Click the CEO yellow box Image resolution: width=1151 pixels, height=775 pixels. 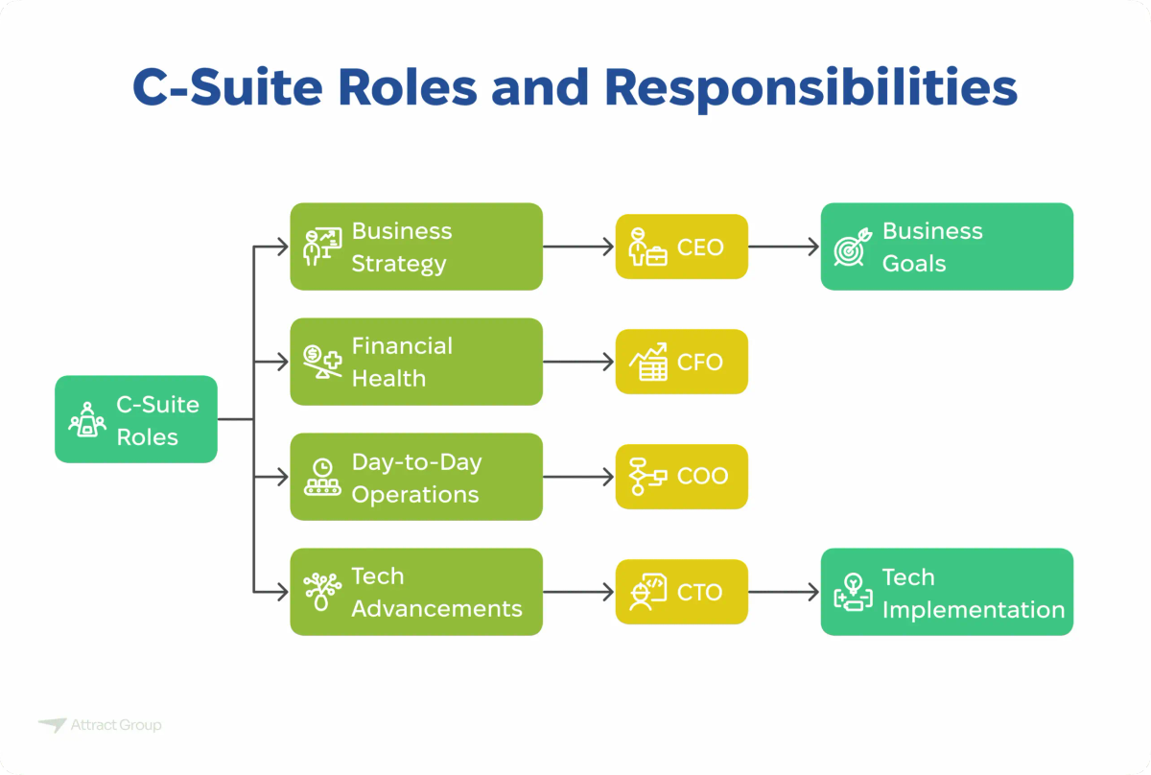tap(681, 247)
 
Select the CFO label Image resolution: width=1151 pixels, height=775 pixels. tap(700, 363)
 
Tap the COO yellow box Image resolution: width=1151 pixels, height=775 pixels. tap(681, 477)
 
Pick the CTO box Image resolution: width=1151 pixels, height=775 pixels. tap(681, 592)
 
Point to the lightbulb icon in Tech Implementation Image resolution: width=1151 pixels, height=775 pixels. tap(852, 592)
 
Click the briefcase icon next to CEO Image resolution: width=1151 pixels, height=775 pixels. tap(647, 248)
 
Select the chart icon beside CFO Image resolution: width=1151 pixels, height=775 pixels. tap(647, 363)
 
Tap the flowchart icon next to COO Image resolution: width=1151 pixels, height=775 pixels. tap(647, 477)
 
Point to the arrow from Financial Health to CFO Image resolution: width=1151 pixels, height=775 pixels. tap(578, 362)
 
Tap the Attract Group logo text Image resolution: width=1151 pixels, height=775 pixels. tap(115, 726)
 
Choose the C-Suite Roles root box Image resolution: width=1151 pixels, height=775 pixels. tap(136, 419)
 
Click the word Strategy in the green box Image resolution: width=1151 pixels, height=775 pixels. tap(398, 264)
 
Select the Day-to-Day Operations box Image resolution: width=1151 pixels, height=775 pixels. tap(416, 477)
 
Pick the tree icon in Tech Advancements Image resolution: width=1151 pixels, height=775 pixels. tap(322, 592)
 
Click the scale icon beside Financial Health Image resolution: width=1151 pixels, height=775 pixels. tap(322, 362)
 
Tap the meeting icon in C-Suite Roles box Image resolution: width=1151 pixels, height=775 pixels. tap(87, 420)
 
